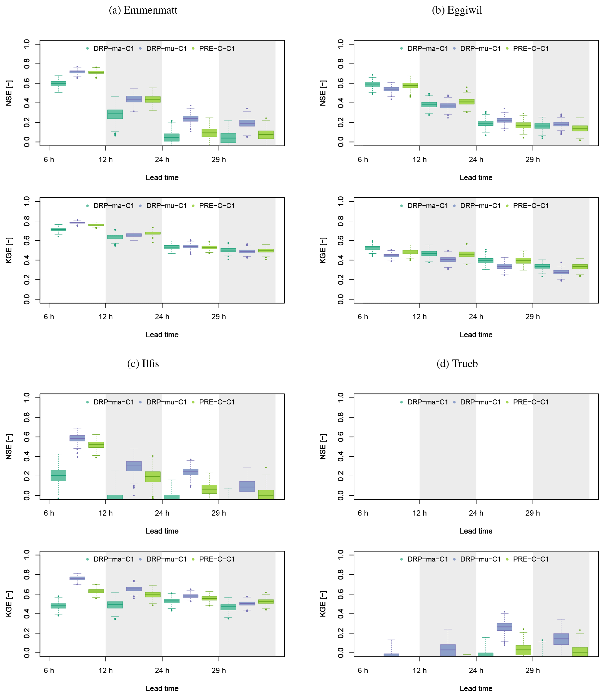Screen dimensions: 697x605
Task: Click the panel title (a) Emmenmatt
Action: coord(143,10)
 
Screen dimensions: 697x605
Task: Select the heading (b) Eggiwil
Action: coord(457,10)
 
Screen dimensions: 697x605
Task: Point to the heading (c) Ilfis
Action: coord(143,364)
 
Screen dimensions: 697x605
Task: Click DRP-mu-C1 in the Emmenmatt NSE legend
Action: coord(166,49)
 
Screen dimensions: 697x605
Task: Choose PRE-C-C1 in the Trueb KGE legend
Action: coord(531,559)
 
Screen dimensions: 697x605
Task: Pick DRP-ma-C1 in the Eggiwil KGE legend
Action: coord(427,206)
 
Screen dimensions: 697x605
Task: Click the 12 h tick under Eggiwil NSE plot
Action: coord(419,159)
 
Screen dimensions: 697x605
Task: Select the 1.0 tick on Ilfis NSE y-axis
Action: coord(27,397)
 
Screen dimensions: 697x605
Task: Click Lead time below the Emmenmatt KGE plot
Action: coord(162,335)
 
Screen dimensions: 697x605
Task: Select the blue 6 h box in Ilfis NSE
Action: coord(77,438)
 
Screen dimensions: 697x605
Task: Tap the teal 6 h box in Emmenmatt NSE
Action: coord(59,84)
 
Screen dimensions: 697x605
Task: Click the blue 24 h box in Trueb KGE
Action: coord(504,627)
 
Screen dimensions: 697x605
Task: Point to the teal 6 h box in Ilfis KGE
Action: coord(59,606)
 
